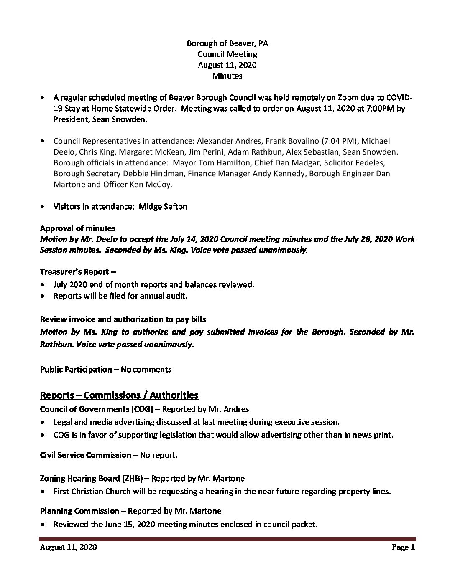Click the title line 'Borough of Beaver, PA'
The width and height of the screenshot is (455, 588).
tap(227, 43)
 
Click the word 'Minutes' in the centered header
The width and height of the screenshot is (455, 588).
tap(227, 76)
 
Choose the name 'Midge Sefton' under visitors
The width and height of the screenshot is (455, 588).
tap(162, 206)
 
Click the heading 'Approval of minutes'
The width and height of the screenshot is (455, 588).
tap(78, 228)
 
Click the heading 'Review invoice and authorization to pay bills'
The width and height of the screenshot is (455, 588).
tap(123, 319)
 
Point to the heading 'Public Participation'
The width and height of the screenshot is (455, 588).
tap(76, 369)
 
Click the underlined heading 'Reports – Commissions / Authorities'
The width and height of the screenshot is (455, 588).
tap(119, 395)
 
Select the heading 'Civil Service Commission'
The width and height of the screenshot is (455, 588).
tap(85, 455)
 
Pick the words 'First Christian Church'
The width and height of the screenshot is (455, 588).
tap(92, 491)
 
